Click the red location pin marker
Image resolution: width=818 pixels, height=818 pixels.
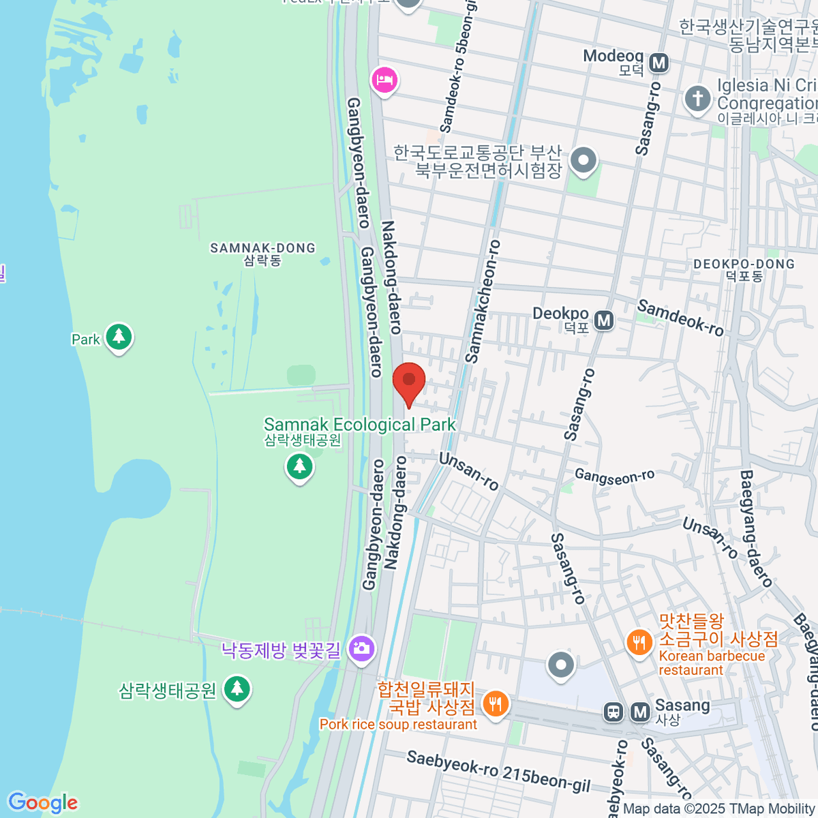tap(409, 381)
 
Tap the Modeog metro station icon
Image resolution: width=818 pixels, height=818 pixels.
tap(658, 63)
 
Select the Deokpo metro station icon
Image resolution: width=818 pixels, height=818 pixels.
tap(604, 320)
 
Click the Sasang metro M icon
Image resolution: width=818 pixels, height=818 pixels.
tap(640, 712)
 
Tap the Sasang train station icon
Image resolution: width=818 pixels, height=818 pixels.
tap(613, 712)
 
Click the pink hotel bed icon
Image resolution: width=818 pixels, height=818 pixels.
tap(384, 80)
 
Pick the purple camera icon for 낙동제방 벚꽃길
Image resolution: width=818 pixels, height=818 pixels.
tap(361, 648)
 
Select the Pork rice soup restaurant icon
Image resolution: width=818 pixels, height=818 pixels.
tap(496, 703)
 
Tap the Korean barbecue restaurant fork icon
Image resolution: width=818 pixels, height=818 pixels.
tap(639, 642)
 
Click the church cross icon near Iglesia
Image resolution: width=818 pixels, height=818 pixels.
tap(697, 98)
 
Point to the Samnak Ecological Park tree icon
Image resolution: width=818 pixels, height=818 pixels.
tap(299, 467)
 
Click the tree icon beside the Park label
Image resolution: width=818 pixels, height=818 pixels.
tap(119, 336)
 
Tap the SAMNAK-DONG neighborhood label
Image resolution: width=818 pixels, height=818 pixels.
tap(262, 254)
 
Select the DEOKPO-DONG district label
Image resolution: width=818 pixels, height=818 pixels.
tap(744, 269)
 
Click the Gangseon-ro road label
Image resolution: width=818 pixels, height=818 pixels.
tap(614, 476)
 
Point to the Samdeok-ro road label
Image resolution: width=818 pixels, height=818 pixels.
tap(680, 318)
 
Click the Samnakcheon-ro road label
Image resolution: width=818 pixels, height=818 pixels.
tap(483, 301)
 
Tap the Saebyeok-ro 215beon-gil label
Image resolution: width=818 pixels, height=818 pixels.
tap(498, 771)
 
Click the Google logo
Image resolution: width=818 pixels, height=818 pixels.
tap(43, 803)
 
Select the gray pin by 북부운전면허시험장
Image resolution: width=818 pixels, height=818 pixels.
tap(583, 162)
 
